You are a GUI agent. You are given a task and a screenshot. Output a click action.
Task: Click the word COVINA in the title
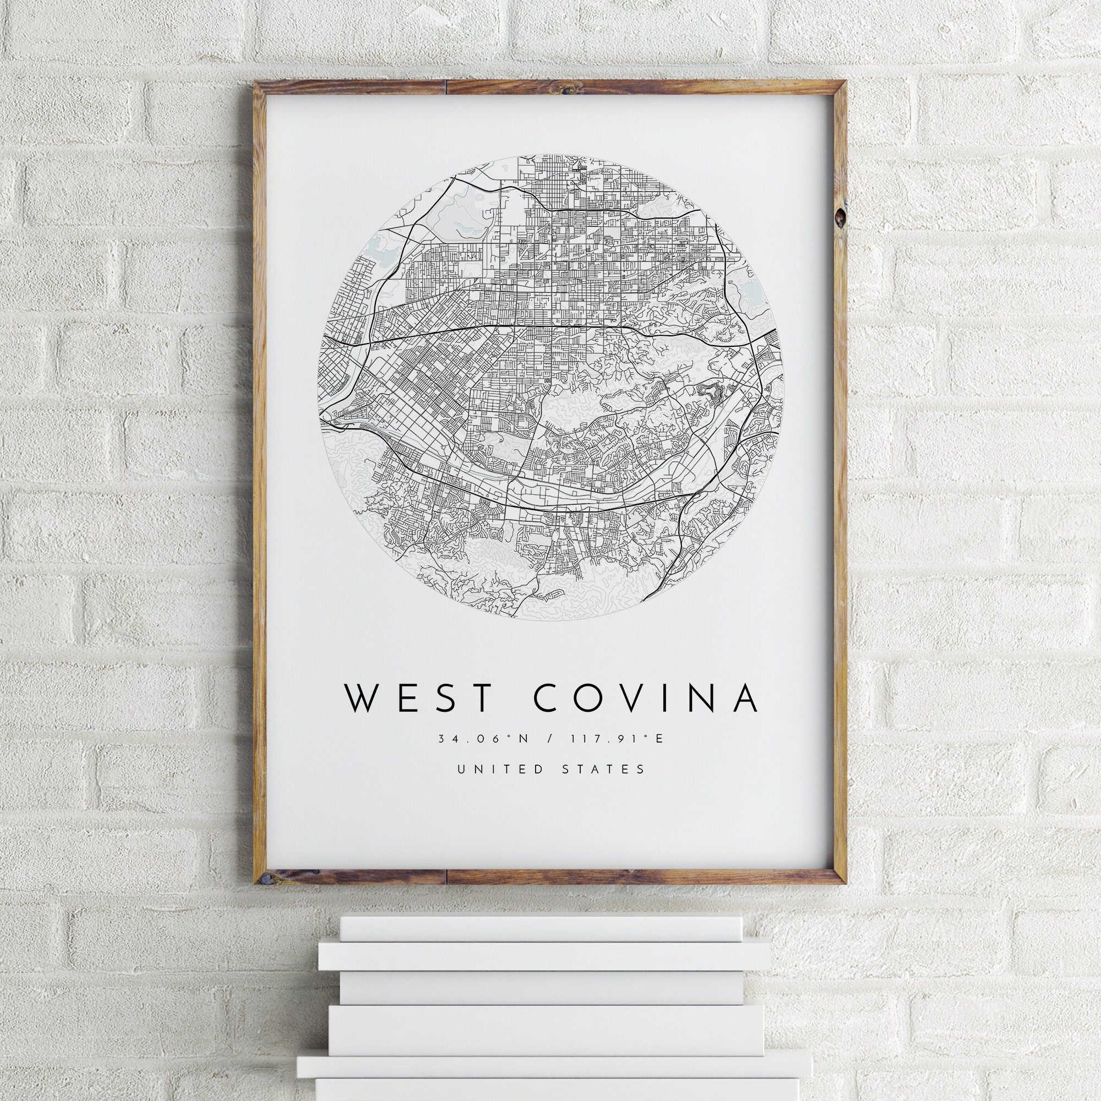tap(646, 697)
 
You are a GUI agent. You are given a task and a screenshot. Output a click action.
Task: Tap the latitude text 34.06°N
tap(484, 739)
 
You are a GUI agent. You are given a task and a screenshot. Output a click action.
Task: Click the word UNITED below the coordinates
tap(495, 770)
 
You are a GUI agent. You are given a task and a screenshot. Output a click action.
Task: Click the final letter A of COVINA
tap(745, 697)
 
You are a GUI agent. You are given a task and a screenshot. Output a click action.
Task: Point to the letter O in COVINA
tap(603, 697)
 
